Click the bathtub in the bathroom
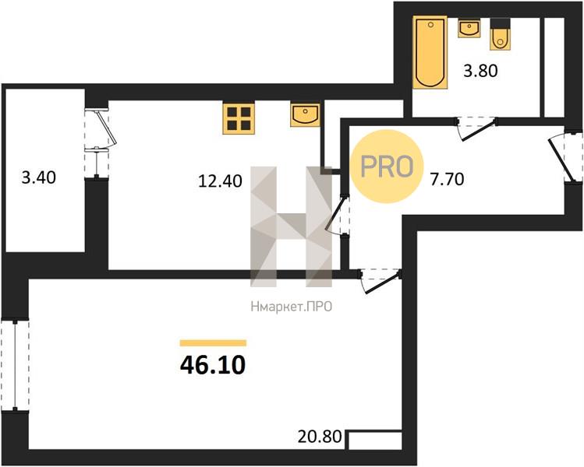tap(430, 52)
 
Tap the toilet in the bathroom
tap(500, 34)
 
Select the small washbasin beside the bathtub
tap(469, 28)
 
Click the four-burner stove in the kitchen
tap(239, 118)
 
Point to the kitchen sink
tap(306, 115)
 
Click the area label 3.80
tap(480, 71)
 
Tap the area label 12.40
tap(220, 181)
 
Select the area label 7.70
tap(447, 180)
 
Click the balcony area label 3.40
tap(39, 177)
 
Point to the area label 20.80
tap(320, 437)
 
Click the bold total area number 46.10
tap(213, 365)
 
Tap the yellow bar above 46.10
tap(213, 342)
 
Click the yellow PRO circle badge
tap(387, 167)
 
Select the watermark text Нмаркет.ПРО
tap(292, 307)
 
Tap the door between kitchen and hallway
tap(337, 215)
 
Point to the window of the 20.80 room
tap(15, 365)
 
